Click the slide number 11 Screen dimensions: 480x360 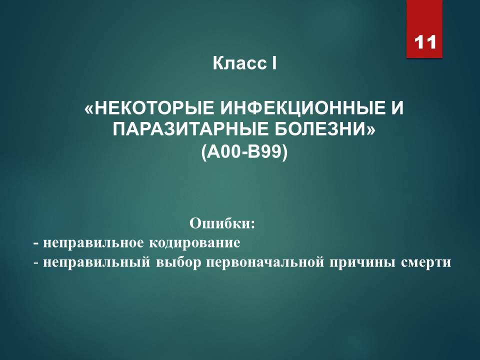tap(425, 42)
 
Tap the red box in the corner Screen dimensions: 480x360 tap(424, 29)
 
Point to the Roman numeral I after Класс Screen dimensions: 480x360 tap(274, 63)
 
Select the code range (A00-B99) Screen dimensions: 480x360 tap(244, 151)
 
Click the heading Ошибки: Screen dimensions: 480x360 tap(222, 223)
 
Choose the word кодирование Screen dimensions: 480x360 tap(194, 243)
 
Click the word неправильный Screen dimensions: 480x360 tap(96, 262)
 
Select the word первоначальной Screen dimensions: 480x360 tap(265, 262)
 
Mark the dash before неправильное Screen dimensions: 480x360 tap(36, 244)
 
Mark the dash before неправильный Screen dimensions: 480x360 tap(36, 263)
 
